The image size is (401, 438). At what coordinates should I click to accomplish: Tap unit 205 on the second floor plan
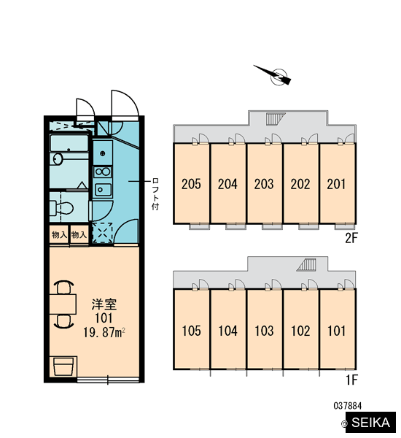click(191, 184)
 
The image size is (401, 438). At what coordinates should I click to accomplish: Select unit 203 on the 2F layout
click(264, 184)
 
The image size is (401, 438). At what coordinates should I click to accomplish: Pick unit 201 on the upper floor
click(337, 184)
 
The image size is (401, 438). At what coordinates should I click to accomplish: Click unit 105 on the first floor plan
click(191, 330)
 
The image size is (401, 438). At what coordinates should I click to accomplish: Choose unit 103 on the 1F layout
click(264, 330)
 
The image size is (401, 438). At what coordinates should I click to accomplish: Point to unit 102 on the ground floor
click(300, 330)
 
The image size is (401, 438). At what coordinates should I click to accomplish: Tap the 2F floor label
click(351, 238)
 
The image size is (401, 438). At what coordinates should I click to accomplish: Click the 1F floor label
click(351, 380)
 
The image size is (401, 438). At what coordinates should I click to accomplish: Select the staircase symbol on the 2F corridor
click(276, 118)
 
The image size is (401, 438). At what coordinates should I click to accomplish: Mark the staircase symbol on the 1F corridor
click(306, 264)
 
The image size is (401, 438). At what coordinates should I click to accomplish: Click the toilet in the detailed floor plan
click(61, 207)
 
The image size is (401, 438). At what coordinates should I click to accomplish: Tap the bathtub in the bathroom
click(69, 143)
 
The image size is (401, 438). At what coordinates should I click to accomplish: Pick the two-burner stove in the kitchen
click(102, 172)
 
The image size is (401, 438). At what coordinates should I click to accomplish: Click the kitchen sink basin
click(103, 190)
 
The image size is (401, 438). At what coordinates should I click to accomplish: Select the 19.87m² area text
click(104, 333)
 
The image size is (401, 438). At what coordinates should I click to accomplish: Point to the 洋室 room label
click(104, 304)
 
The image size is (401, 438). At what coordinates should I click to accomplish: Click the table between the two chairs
click(63, 304)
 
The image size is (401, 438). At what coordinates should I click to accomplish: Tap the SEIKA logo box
click(370, 422)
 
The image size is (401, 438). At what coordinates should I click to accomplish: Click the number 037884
click(348, 406)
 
